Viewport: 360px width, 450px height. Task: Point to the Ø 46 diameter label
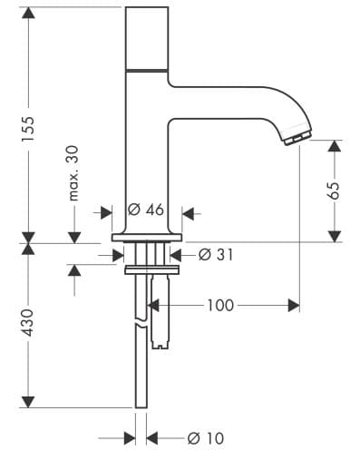(x=145, y=210)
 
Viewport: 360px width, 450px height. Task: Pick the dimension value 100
(x=219, y=306)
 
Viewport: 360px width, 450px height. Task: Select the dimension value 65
(x=334, y=191)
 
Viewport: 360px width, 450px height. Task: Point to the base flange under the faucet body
(x=147, y=238)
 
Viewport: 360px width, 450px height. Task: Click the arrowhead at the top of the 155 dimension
(x=29, y=13)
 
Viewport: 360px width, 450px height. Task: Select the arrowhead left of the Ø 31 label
(x=186, y=255)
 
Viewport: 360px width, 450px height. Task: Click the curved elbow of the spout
(x=272, y=104)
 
